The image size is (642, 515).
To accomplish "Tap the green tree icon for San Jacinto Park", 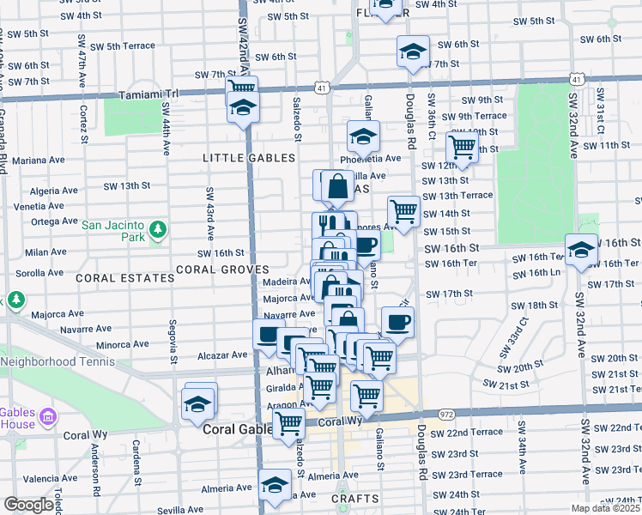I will click(157, 229).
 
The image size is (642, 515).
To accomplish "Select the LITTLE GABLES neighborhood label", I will click(249, 158).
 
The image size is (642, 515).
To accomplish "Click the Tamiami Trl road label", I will click(148, 94).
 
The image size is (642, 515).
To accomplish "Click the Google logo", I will click(27, 505).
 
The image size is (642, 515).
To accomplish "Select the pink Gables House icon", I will click(48, 416).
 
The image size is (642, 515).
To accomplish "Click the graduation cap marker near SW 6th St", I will click(413, 51).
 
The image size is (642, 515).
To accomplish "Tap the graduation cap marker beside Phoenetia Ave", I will click(363, 136).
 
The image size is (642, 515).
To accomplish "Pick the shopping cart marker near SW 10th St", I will click(463, 147).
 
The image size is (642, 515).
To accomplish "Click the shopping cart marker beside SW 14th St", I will click(403, 209).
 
